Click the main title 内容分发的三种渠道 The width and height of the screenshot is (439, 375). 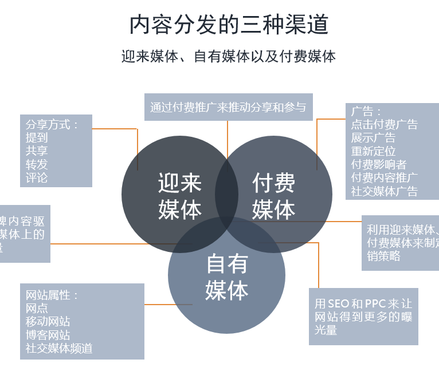[229, 25]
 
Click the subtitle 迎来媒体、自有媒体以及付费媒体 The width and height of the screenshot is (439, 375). [229, 56]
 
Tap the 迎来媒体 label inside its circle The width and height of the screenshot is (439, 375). [180, 196]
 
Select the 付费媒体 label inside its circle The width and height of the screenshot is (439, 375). [274, 196]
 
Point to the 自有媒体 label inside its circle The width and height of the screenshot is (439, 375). [227, 277]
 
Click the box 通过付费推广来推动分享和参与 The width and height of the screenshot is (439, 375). [228, 107]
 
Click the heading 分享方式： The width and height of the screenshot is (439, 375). [52, 124]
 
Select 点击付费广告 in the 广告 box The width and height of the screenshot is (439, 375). [385, 124]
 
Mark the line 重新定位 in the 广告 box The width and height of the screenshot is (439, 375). [374, 151]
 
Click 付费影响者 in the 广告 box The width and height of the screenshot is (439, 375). [379, 164]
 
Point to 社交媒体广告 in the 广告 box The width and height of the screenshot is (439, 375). [385, 191]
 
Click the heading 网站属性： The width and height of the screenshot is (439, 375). [52, 295]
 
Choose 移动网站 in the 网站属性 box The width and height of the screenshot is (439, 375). [48, 321]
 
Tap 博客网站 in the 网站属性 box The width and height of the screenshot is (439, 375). [48, 334]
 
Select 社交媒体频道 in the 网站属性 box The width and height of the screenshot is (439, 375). [59, 348]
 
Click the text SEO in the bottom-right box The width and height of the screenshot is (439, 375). [338, 303]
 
